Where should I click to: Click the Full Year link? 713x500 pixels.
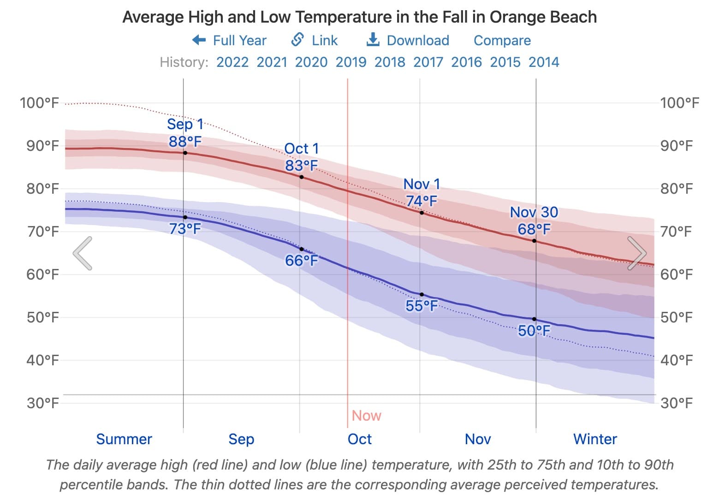click(230, 41)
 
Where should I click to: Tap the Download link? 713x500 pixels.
click(408, 41)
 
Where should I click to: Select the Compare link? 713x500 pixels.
click(502, 41)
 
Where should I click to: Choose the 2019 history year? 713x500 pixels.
click(351, 62)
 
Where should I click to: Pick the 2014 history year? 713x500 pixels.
click(544, 62)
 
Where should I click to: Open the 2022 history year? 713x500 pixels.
click(232, 62)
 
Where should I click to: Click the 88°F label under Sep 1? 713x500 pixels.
click(185, 141)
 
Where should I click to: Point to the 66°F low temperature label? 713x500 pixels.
click(301, 261)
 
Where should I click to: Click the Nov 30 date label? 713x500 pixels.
click(534, 212)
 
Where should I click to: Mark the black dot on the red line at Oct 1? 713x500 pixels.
click(302, 177)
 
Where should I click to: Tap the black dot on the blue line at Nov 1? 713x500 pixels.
click(422, 294)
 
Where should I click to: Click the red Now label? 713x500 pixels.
click(366, 416)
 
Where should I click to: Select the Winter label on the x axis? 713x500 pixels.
click(595, 439)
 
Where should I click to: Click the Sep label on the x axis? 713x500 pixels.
click(241, 439)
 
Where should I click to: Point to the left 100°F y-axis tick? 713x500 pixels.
click(39, 102)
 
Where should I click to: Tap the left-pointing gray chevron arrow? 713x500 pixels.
click(83, 253)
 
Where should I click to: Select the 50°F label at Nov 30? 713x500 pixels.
click(534, 331)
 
